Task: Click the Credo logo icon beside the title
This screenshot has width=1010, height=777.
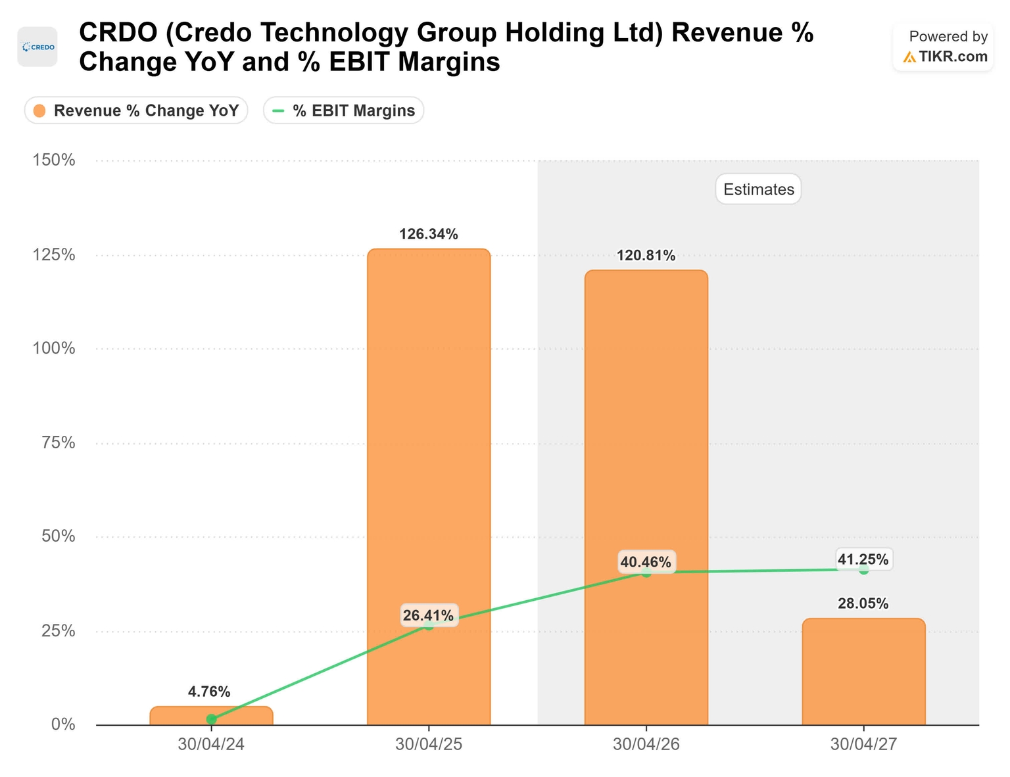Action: [x=37, y=47]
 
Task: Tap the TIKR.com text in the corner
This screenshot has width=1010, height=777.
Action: [x=953, y=57]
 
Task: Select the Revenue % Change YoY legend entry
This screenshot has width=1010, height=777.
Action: [x=136, y=110]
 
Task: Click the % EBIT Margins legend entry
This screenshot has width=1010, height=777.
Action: [x=344, y=110]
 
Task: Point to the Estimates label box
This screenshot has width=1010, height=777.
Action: [x=758, y=189]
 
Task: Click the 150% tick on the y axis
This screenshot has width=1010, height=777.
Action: [x=54, y=160]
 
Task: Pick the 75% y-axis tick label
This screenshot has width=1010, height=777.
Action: [x=58, y=443]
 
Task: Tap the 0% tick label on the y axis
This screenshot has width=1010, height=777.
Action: [x=63, y=724]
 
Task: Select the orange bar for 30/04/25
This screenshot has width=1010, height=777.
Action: [x=429, y=486]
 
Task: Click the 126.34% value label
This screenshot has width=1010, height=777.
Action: [x=429, y=234]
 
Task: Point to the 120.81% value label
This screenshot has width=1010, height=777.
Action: [x=646, y=256]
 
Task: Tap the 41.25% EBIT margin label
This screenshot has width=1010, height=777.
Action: [x=863, y=559]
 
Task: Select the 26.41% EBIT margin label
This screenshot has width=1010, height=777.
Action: [x=429, y=615]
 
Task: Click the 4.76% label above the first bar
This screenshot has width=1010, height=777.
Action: [x=209, y=692]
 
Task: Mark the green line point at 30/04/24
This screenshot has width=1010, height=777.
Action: [x=211, y=719]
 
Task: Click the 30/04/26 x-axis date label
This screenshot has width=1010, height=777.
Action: [x=646, y=745]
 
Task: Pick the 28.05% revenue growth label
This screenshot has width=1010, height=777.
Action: [x=863, y=603]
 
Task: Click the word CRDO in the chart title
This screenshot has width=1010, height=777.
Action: [x=118, y=33]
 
